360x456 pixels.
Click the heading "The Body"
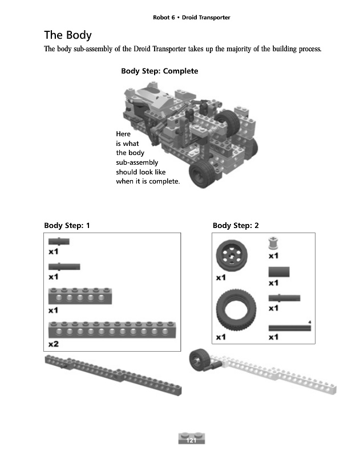(68, 35)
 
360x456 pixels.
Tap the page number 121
(191, 441)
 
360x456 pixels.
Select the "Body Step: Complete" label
(159, 71)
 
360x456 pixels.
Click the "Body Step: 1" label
(67, 226)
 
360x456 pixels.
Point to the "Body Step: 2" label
(236, 226)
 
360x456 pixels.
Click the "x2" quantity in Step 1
(53, 344)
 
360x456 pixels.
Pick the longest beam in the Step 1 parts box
(112, 329)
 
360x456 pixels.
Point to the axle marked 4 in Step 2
(289, 328)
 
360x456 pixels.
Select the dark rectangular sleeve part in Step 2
(279, 271)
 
